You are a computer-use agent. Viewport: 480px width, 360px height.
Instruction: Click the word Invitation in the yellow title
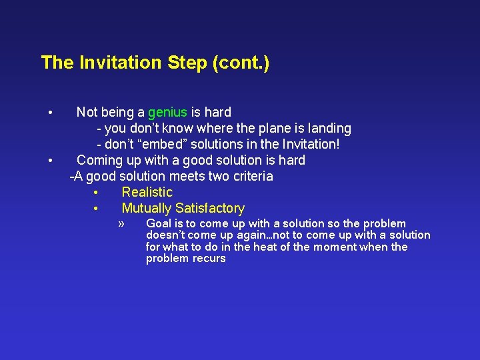point(121,63)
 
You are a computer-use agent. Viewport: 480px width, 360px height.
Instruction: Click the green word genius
point(167,112)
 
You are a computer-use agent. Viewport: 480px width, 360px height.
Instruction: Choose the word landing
point(326,128)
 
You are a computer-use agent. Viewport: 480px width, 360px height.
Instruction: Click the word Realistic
point(147,192)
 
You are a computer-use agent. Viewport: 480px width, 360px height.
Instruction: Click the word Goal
point(159,223)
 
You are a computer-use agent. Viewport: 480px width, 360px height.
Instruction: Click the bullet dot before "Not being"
point(50,112)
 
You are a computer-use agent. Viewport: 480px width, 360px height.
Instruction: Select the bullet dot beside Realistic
point(97,193)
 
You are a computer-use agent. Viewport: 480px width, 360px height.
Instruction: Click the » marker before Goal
point(121,223)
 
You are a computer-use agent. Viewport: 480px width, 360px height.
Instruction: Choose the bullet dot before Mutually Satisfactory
point(97,209)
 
